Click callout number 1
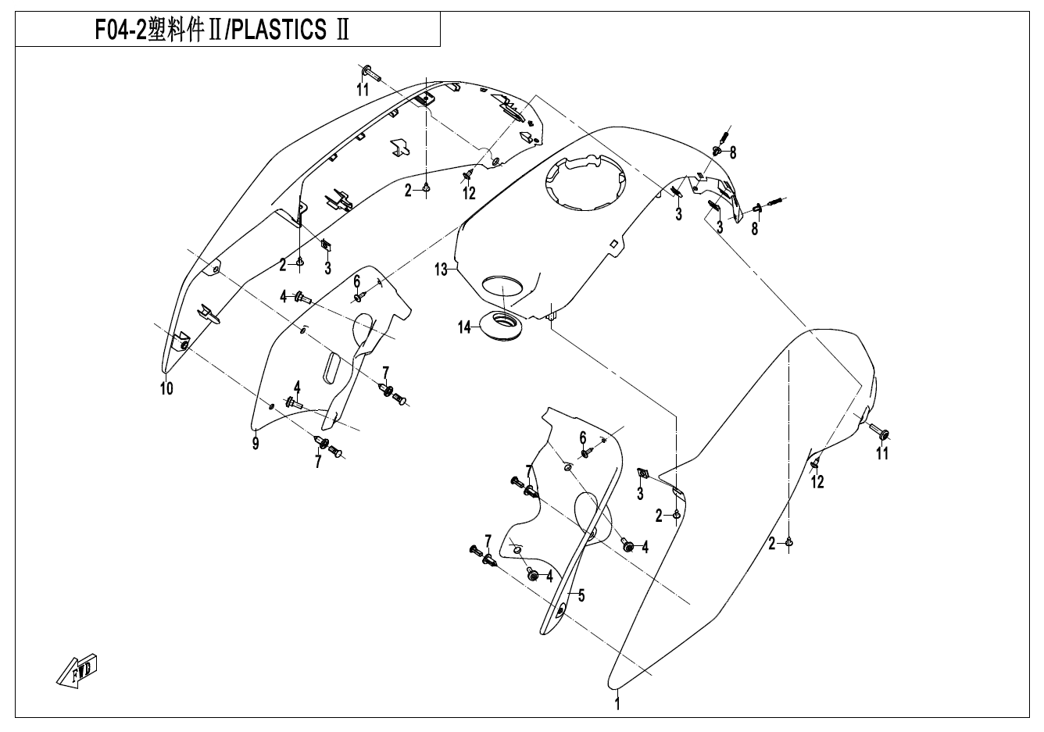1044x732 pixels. pos(617,704)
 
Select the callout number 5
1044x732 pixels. pos(581,595)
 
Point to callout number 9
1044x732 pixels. pos(255,444)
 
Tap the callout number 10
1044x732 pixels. pos(166,388)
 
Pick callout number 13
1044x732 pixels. pos(442,270)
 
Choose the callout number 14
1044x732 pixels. pos(466,327)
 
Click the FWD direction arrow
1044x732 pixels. pos(77,670)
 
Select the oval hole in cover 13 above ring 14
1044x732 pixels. pos(505,284)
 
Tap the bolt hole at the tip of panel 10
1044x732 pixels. pos(183,345)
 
